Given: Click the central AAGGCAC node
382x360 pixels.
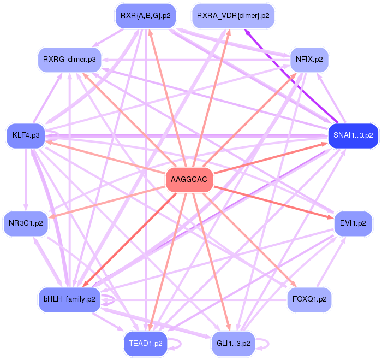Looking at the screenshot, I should [189, 180].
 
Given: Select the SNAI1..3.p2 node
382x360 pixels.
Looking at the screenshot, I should [353, 135].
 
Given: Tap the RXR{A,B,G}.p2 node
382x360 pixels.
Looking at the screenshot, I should [145, 16].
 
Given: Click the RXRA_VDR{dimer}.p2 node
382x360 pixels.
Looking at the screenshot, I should [233, 16].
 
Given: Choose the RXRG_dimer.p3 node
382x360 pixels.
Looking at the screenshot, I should [69, 58].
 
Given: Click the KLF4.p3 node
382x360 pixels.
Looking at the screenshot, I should [26, 135].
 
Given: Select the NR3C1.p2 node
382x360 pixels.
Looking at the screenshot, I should [26, 223].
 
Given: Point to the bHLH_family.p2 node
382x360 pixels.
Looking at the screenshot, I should [69, 299].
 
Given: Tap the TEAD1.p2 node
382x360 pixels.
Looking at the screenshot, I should [145, 343].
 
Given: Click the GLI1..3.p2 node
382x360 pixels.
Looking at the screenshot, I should [233, 343].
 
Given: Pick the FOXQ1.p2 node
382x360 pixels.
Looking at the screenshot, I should [309, 299].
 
